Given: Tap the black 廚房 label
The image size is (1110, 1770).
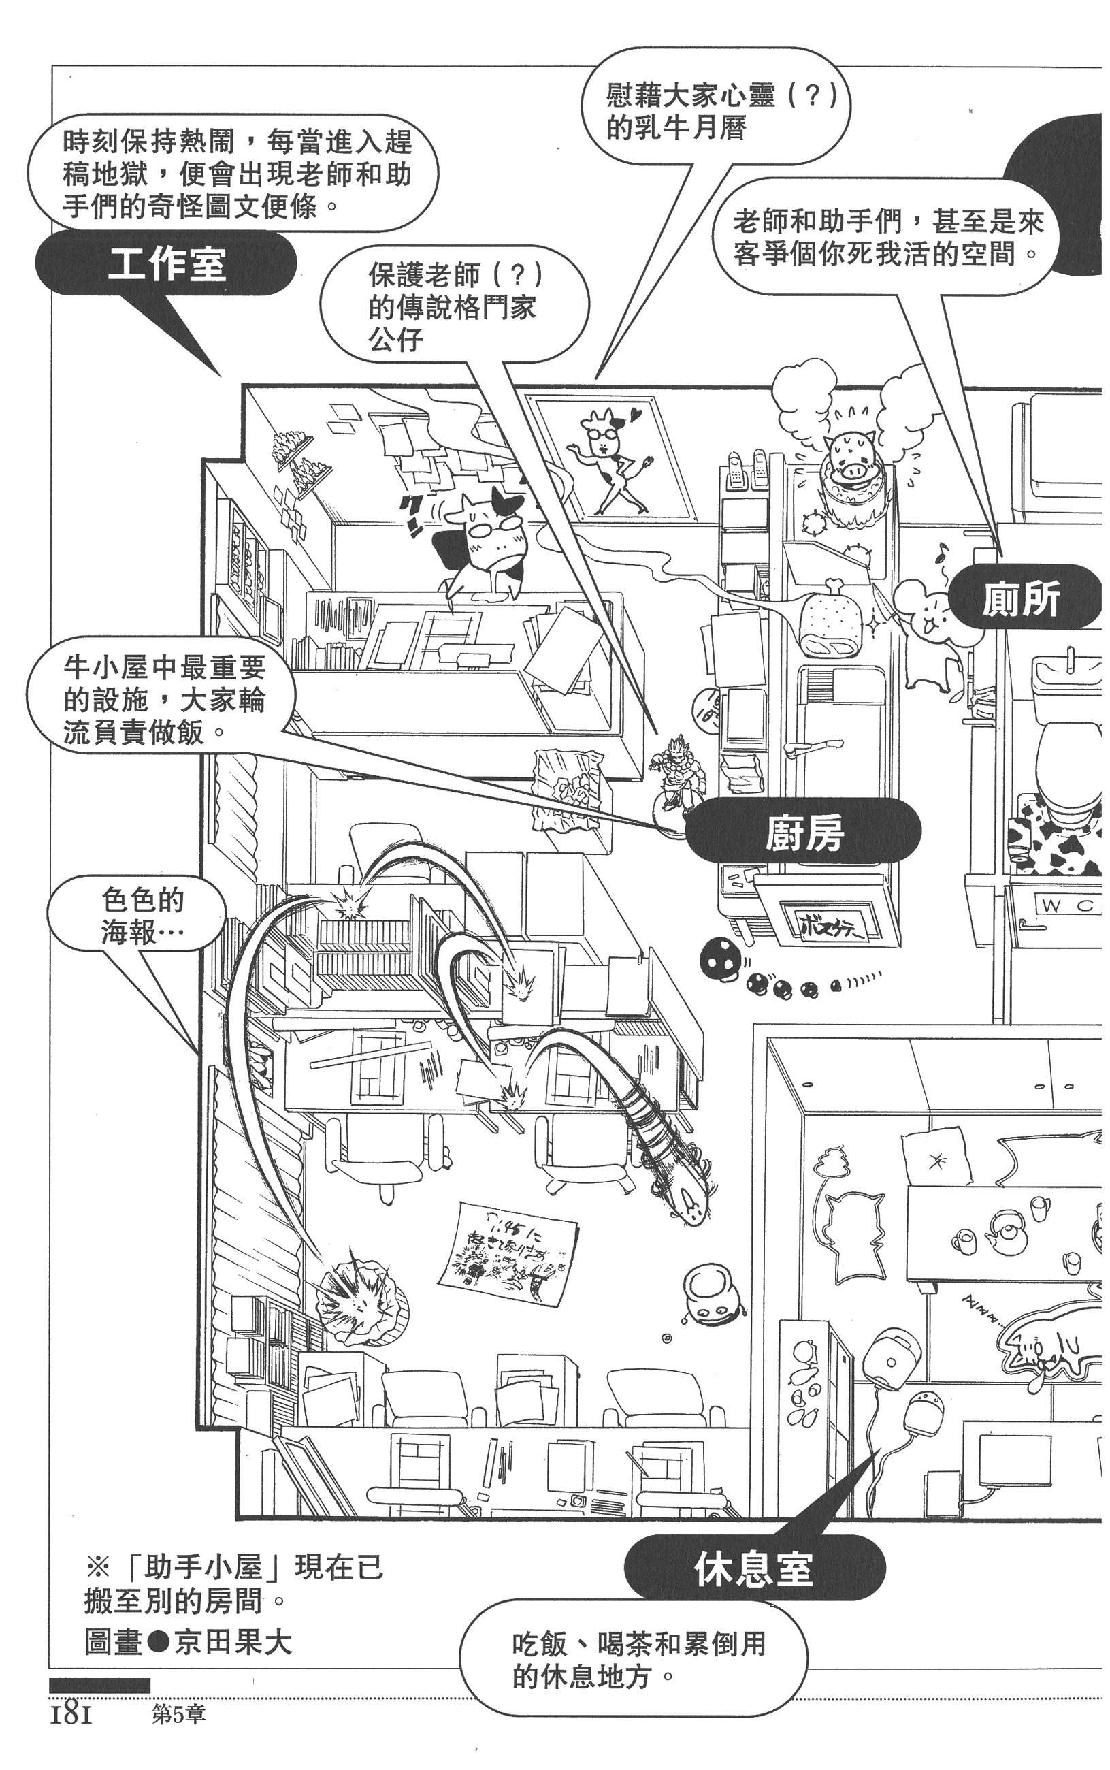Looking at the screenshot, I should [x=803, y=832].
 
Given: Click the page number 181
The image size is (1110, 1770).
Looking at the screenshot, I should [x=71, y=1715].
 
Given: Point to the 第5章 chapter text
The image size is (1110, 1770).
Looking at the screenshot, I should [x=178, y=1714].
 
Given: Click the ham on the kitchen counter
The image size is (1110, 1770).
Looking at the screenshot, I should [x=830, y=617].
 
